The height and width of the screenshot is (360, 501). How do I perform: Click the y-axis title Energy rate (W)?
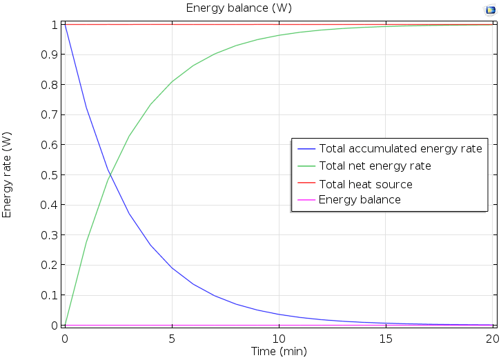8,175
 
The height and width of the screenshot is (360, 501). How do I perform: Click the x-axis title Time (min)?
278,351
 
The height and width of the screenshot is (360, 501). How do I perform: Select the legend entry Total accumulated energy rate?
400,149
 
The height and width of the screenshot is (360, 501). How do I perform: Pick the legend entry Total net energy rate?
375,166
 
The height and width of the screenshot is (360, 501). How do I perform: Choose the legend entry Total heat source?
365,184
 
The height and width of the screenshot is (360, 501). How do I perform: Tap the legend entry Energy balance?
360,200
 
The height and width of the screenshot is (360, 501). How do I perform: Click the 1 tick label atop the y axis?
54,25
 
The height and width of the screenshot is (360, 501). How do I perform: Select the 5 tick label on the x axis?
172,339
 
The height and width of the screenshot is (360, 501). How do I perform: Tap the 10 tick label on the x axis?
279,339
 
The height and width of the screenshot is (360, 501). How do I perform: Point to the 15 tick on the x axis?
386,339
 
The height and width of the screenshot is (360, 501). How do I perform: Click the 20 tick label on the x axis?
491,339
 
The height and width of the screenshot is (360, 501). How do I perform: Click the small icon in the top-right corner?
491,10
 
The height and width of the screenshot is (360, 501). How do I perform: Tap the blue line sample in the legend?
306,149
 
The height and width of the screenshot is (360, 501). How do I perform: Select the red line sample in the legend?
306,184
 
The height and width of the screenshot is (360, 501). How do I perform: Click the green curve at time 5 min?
172,81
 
